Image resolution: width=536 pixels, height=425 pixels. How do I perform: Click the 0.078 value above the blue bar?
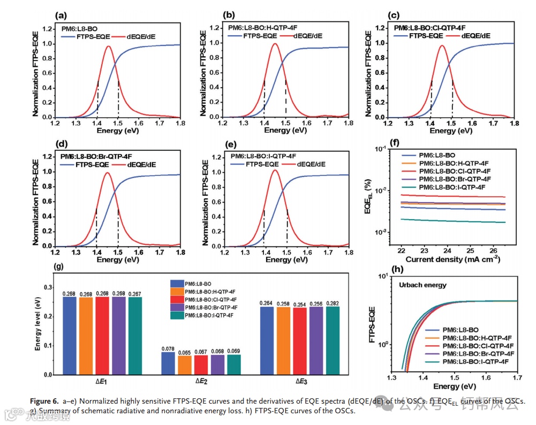click(x=168, y=348)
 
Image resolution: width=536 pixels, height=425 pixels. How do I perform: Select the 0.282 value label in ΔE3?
click(x=333, y=303)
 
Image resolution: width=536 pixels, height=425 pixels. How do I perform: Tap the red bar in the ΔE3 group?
click(x=300, y=341)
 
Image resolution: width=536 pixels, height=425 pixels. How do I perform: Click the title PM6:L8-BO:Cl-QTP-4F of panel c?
click(x=429, y=28)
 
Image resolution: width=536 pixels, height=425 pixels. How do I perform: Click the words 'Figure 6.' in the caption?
click(x=44, y=401)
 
